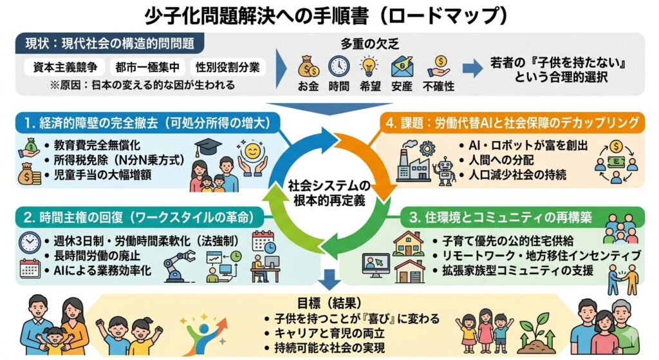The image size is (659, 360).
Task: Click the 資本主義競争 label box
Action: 62,67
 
